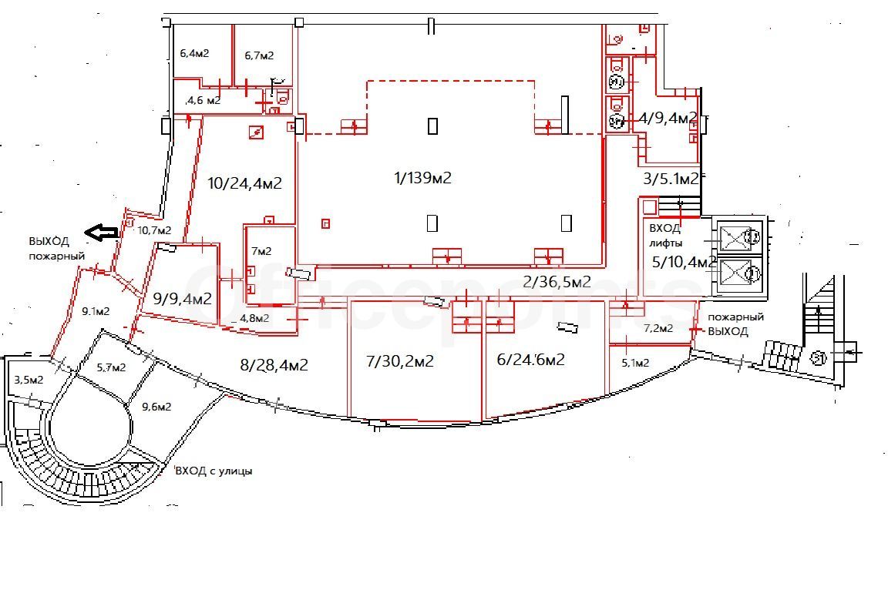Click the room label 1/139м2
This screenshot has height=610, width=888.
tap(422, 178)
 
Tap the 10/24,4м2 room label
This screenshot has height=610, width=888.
tap(244, 183)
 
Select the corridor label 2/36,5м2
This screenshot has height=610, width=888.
tap(557, 281)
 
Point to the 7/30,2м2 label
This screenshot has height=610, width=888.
tap(400, 360)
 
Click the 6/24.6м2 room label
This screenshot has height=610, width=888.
tap(530, 360)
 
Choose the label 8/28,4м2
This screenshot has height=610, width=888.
tap(274, 365)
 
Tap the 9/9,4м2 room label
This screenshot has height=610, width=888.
tap(183, 298)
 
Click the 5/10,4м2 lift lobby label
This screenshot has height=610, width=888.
tap(684, 262)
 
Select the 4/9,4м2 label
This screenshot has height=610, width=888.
tap(668, 119)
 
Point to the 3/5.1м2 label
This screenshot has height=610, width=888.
tap(671, 179)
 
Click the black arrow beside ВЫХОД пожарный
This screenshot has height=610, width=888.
tap(102, 232)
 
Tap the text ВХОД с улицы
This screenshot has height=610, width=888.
tap(214, 471)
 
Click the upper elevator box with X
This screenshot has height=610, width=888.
tap(735, 236)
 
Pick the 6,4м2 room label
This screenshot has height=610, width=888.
tap(194, 54)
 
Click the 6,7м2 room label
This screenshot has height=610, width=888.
tap(259, 55)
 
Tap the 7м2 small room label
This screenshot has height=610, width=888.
tap(261, 251)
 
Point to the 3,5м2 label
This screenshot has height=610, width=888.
tap(29, 380)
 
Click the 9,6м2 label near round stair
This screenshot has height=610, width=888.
tap(156, 407)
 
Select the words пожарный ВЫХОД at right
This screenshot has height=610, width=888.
tap(735, 324)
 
